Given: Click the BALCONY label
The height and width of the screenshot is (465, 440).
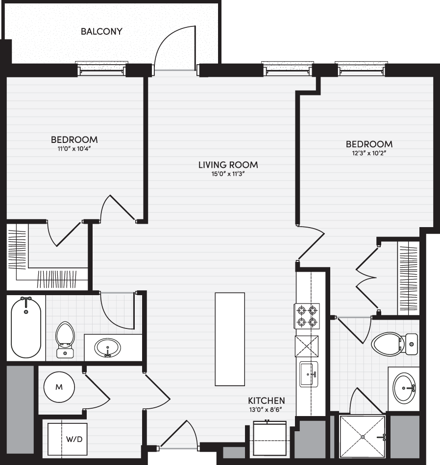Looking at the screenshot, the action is tap(101, 31).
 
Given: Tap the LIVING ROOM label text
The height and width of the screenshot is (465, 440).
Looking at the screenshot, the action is tap(228, 165).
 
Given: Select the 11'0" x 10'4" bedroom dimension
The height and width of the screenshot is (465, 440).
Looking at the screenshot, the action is tap(74, 149).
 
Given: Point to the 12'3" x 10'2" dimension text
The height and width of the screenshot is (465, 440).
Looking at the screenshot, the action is tap(369, 153).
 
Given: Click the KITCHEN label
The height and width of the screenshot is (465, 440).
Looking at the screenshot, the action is tap(267, 401).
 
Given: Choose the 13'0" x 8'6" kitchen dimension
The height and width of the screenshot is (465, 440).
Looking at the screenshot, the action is tap(266, 410).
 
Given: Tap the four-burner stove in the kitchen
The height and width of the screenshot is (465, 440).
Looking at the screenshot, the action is tap(307, 316).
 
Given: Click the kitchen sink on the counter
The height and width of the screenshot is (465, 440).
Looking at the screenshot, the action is tap(309, 374).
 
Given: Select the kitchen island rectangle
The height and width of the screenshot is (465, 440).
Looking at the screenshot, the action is tap(230, 339).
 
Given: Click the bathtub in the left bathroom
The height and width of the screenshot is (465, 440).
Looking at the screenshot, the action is tap(26, 327).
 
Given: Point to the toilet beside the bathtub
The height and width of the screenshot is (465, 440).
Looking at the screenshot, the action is tap(65, 340).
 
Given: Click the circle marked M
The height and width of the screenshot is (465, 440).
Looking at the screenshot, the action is tap(59, 387).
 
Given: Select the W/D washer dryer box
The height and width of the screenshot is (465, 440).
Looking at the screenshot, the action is tap(68, 439).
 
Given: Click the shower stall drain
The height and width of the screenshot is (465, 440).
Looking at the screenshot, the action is tap(363, 437).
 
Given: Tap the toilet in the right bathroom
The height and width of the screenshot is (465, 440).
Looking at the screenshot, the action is tap(394, 344).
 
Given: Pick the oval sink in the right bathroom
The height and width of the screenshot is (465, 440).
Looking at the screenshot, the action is tap(404, 388).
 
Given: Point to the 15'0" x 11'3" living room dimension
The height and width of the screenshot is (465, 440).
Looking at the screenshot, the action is tap(228, 174).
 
